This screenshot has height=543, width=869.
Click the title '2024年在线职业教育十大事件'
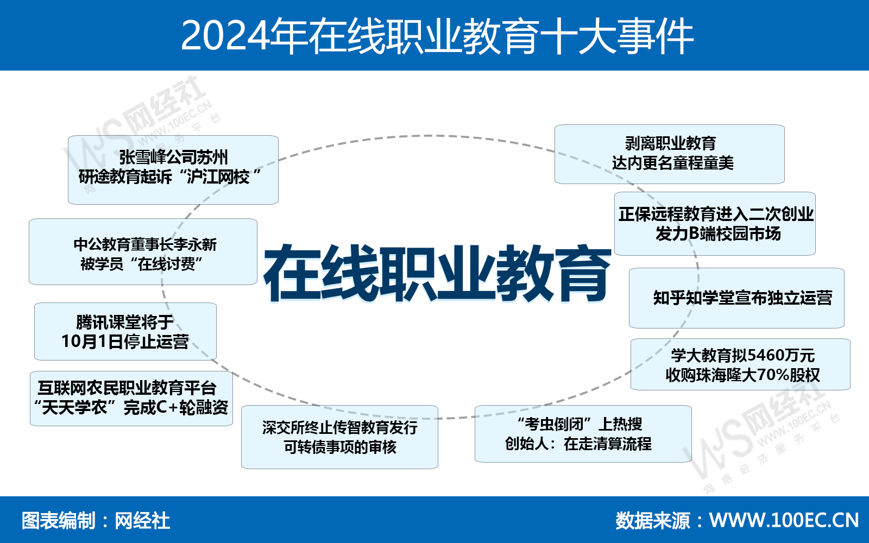[x=437, y=36]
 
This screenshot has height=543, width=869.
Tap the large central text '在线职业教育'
[x=437, y=273]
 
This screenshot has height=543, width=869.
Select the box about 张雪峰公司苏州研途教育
[x=173, y=170]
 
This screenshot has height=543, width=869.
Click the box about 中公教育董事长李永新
[x=143, y=252]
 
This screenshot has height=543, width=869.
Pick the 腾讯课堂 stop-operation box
[x=125, y=332]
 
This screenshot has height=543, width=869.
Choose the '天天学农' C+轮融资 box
[x=131, y=399]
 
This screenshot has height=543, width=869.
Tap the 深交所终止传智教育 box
[x=340, y=437]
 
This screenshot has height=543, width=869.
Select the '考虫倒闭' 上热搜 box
[x=583, y=434]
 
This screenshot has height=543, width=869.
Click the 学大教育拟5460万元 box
[x=741, y=364]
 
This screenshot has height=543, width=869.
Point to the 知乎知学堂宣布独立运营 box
[x=736, y=298]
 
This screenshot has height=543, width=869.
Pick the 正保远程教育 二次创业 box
[x=715, y=224]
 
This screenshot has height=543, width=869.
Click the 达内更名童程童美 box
[x=670, y=154]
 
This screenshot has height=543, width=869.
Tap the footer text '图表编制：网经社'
[x=96, y=521]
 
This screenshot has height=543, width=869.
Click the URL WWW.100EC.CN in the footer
[x=784, y=521]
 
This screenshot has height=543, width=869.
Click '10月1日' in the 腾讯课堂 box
[x=85, y=342]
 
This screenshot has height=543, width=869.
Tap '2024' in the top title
[x=225, y=36]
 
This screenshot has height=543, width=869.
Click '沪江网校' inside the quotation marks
[x=218, y=177]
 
